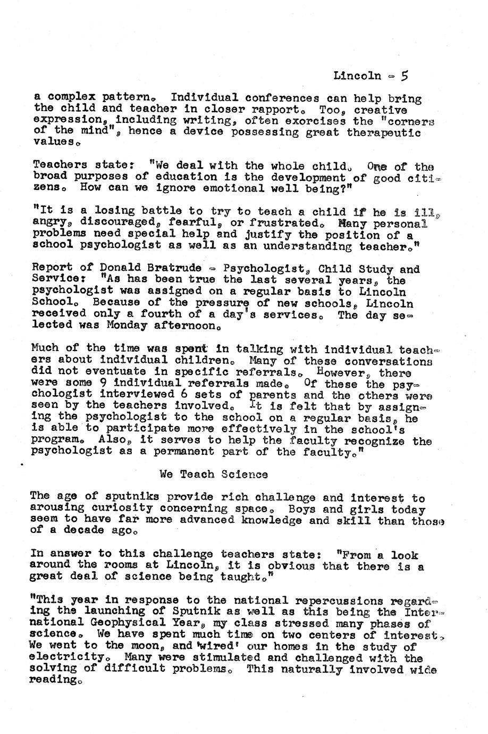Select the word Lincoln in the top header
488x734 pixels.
point(357,76)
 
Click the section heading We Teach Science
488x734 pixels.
point(214,474)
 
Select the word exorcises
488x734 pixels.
point(316,121)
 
